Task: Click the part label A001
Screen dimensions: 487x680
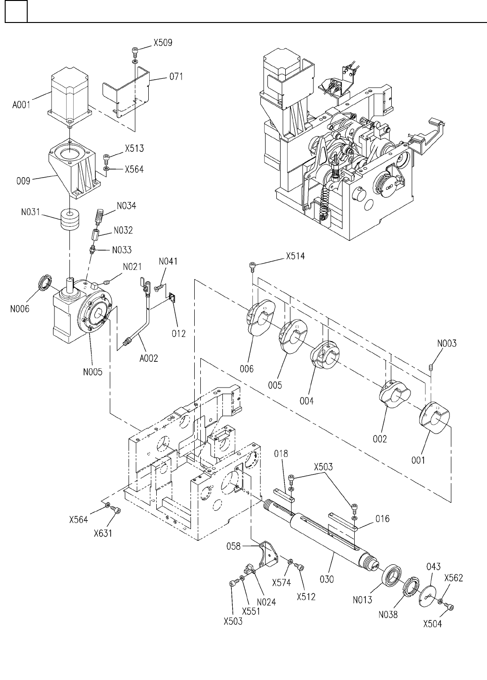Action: [21, 105]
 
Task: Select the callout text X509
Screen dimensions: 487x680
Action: [163, 43]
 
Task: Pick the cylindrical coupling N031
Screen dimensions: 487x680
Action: [70, 220]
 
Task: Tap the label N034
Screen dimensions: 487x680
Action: [127, 206]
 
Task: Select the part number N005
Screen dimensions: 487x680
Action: [93, 372]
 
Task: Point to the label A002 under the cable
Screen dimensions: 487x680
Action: [149, 358]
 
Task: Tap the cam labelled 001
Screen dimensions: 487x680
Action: [435, 418]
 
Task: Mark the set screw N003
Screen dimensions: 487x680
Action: [431, 367]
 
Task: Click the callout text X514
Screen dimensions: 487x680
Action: [295, 256]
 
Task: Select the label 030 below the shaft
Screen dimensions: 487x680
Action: [327, 579]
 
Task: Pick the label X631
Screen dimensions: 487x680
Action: [103, 533]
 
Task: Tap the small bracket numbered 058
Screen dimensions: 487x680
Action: [268, 554]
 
